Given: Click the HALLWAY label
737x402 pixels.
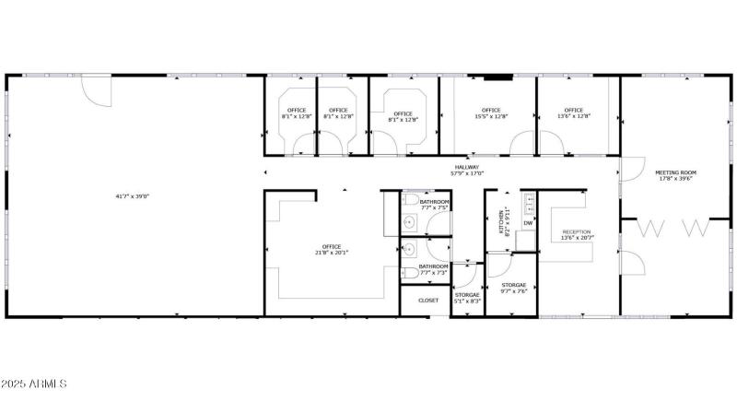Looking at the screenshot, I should coord(466,167).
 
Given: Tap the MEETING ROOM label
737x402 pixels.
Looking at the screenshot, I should coord(675,172).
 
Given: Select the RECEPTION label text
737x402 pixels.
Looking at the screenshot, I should coord(577,232).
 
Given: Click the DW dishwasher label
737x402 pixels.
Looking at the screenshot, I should coord(528,223).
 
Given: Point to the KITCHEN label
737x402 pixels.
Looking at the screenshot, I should coord(501,220).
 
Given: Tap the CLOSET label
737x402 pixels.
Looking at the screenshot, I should coord(428,301).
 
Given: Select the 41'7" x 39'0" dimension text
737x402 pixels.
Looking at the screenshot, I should coord(133,195).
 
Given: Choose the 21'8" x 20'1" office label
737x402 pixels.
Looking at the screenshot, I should coord(332,250).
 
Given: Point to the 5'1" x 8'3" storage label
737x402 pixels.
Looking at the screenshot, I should coord(468,298).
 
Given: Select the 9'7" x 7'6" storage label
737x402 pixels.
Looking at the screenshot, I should coord(514,289).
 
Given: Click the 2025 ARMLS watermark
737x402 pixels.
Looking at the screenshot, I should coord(35,383).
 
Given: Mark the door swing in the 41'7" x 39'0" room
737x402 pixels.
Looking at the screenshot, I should coord(96,89).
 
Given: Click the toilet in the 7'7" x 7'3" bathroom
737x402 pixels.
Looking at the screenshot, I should coord(408,271).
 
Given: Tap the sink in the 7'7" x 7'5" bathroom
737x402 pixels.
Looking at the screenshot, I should coord(409,221).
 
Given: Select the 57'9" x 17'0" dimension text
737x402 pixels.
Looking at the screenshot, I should coord(466,173).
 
